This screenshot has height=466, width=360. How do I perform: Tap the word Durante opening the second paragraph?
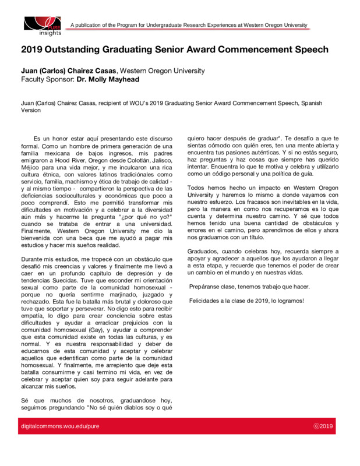click(33, 259)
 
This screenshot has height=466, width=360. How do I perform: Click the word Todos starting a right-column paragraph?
click(197, 188)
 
